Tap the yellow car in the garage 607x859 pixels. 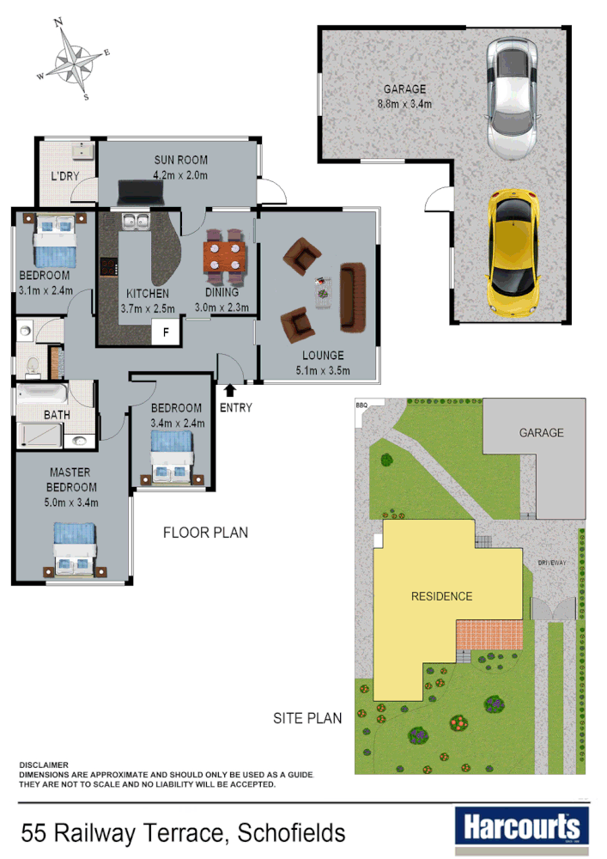pyautogui.click(x=513, y=251)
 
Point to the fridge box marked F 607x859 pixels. pyautogui.click(x=167, y=331)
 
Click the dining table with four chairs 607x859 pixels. pyautogui.click(x=225, y=256)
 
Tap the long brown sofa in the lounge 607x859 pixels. pyautogui.click(x=353, y=297)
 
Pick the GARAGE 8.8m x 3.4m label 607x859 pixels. pyautogui.click(x=404, y=96)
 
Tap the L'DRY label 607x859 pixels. pyautogui.click(x=65, y=177)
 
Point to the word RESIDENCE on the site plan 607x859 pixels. pyautogui.click(x=441, y=596)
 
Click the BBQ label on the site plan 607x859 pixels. pyautogui.click(x=361, y=403)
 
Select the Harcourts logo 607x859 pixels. pyautogui.click(x=521, y=827)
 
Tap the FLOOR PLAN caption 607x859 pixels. pyautogui.click(x=205, y=533)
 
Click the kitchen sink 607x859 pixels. pyautogui.click(x=135, y=222)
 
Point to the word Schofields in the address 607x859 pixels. pyautogui.click(x=292, y=832)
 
